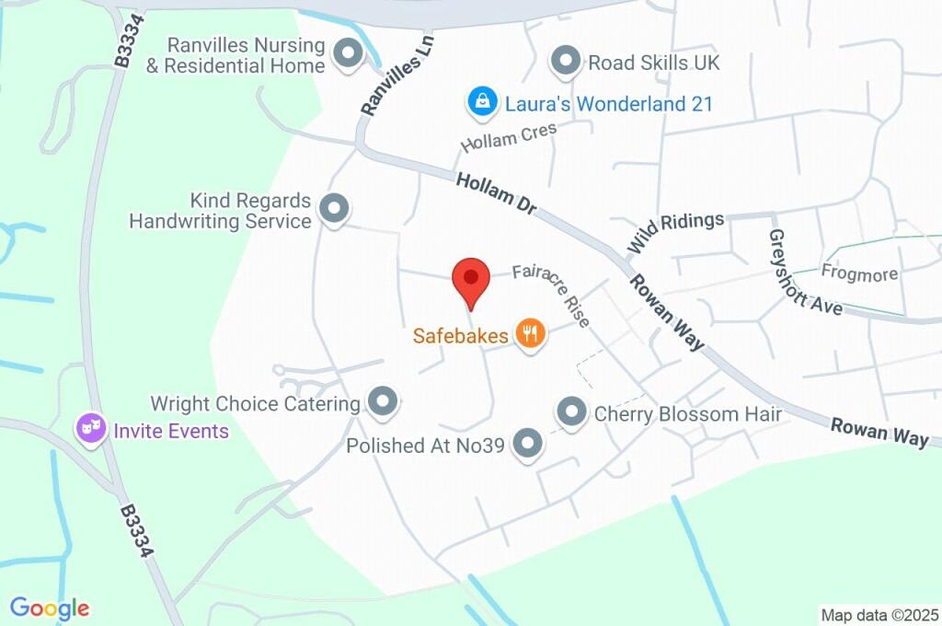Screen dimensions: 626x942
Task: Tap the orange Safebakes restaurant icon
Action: tap(529, 333)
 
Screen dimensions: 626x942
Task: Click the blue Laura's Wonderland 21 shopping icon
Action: tap(481, 102)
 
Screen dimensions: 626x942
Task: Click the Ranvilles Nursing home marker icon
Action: tap(349, 55)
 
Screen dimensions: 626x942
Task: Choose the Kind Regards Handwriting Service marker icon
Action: tap(333, 210)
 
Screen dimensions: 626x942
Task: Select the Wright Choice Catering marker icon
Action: tap(382, 401)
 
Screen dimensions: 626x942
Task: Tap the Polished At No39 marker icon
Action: tap(527, 445)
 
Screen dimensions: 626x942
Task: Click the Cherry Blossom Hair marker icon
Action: tap(572, 412)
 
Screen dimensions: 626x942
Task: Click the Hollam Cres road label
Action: tap(509, 139)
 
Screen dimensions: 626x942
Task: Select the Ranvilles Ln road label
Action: tap(396, 75)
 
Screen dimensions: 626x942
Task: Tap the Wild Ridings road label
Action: tap(675, 229)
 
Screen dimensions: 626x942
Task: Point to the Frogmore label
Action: tap(859, 273)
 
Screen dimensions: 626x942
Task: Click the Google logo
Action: tap(50, 608)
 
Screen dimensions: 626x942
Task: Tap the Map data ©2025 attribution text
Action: tap(879, 614)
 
